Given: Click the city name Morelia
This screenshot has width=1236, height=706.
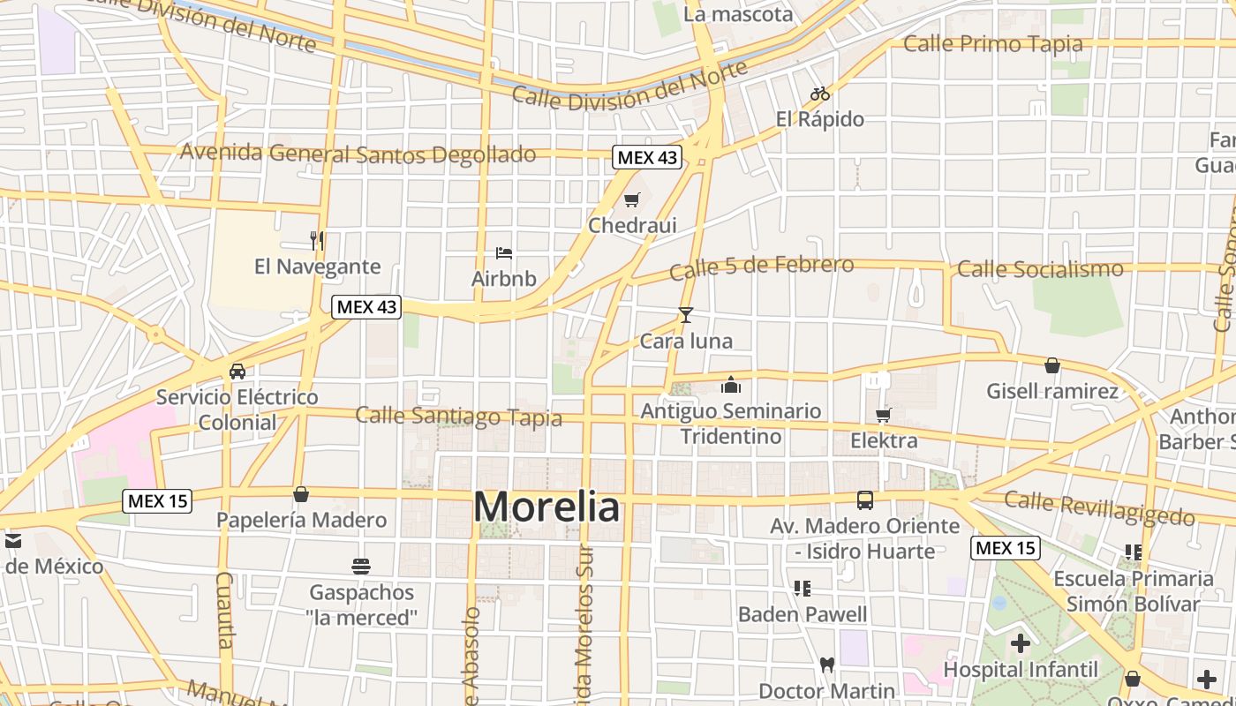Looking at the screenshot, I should [546, 507].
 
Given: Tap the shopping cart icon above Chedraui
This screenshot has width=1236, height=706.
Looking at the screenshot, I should [631, 200].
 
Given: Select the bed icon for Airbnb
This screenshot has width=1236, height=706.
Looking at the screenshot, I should [504, 254].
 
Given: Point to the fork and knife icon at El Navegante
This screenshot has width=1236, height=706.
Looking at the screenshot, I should [317, 240].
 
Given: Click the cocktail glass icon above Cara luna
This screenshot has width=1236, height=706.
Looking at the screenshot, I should [686, 315].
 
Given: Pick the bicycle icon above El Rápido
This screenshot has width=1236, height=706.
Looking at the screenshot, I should [820, 94].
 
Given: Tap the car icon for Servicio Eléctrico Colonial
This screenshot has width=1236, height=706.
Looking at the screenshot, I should [237, 372].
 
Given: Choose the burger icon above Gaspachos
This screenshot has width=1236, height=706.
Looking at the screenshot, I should [360, 566].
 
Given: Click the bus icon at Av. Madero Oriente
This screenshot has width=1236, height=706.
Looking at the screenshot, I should [865, 500].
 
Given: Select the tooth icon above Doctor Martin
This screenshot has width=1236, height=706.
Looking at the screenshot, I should [827, 665].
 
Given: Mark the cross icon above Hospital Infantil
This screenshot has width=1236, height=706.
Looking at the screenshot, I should [1021, 643].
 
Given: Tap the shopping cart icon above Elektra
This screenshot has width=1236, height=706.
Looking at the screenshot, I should [884, 415].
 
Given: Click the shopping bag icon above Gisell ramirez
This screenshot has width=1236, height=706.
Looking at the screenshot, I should [1052, 365].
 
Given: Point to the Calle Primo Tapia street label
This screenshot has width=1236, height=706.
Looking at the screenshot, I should [993, 43].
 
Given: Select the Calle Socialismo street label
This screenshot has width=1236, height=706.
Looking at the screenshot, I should [1040, 268].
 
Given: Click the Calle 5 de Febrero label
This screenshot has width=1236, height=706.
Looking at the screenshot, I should [761, 267].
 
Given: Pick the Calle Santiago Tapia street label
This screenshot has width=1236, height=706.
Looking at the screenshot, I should [458, 416].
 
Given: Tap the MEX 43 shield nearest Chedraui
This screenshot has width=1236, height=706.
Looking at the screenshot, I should [647, 158].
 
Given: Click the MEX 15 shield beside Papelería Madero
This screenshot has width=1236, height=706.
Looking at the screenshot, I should [157, 501].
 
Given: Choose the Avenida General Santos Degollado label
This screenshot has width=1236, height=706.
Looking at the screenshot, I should [358, 154].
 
